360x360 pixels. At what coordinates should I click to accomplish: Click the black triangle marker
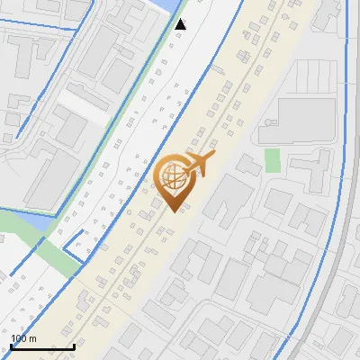pyautogui.click(x=181, y=24)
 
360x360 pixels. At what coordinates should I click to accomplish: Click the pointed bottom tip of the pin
pyautogui.click(x=175, y=211)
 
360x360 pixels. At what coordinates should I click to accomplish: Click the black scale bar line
pyautogui.click(x=42, y=346)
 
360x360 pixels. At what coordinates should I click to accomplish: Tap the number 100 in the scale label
pyautogui.click(x=20, y=338)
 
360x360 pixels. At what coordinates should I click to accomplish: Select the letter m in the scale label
pyautogui.click(x=33, y=339)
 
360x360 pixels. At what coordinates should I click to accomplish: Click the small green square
pyautogui.click(x=273, y=160)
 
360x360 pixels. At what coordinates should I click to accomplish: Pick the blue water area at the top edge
pyautogui.click(x=167, y=5)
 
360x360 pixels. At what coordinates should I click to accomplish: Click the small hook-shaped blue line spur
pyautogui.click(x=75, y=245)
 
